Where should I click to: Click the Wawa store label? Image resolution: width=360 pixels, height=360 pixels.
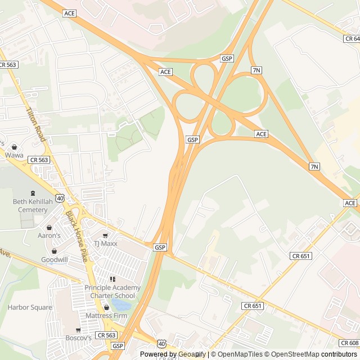tap(14, 155)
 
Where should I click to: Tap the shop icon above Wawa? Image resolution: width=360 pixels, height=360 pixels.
tap(14, 147)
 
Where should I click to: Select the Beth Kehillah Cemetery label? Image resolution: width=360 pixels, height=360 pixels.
tap(30, 205)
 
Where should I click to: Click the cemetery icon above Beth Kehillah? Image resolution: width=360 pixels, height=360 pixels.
tap(30, 192)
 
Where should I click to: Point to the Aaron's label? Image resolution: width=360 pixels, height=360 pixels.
tap(49, 235)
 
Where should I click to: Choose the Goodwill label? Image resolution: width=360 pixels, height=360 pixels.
tap(55, 260)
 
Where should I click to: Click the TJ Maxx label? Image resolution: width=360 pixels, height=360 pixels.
tap(105, 244)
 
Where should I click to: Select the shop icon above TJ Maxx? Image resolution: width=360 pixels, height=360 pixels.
tap(105, 235)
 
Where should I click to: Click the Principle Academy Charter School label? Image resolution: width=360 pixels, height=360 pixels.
tap(112, 291)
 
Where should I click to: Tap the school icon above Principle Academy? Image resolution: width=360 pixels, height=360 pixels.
tap(112, 279)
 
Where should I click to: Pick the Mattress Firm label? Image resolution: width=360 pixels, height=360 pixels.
tap(107, 316)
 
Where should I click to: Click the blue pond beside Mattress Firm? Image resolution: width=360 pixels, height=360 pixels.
tap(121, 305)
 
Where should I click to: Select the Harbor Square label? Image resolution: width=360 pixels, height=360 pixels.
tap(30, 308)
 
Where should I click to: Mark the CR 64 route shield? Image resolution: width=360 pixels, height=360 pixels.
tap(352, 38)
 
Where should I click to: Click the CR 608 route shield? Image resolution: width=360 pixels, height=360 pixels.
tap(349, 343)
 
